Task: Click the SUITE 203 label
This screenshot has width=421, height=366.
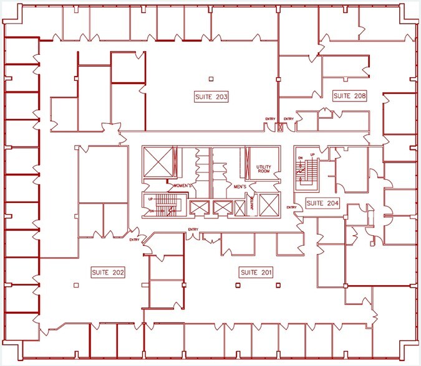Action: tap(210, 97)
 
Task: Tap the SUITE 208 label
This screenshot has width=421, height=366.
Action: tap(349, 96)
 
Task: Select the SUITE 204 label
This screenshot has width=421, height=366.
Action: tap(323, 203)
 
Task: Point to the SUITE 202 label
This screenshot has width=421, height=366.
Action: tap(109, 272)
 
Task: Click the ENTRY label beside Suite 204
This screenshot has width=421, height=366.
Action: tap(291, 207)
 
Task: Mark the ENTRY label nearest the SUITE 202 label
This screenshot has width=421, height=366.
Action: tap(135, 240)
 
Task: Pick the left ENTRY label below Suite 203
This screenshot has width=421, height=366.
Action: tap(270, 119)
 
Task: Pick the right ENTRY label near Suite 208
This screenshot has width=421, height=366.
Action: tap(289, 119)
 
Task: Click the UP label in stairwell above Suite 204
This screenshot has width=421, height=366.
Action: tap(312, 154)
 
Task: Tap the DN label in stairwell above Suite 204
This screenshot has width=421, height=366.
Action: tap(301, 157)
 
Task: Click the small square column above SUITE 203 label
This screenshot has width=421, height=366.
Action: tap(211, 78)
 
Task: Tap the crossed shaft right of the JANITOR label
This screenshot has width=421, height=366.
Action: tap(268, 205)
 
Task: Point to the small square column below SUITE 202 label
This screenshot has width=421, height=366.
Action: tap(76, 285)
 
